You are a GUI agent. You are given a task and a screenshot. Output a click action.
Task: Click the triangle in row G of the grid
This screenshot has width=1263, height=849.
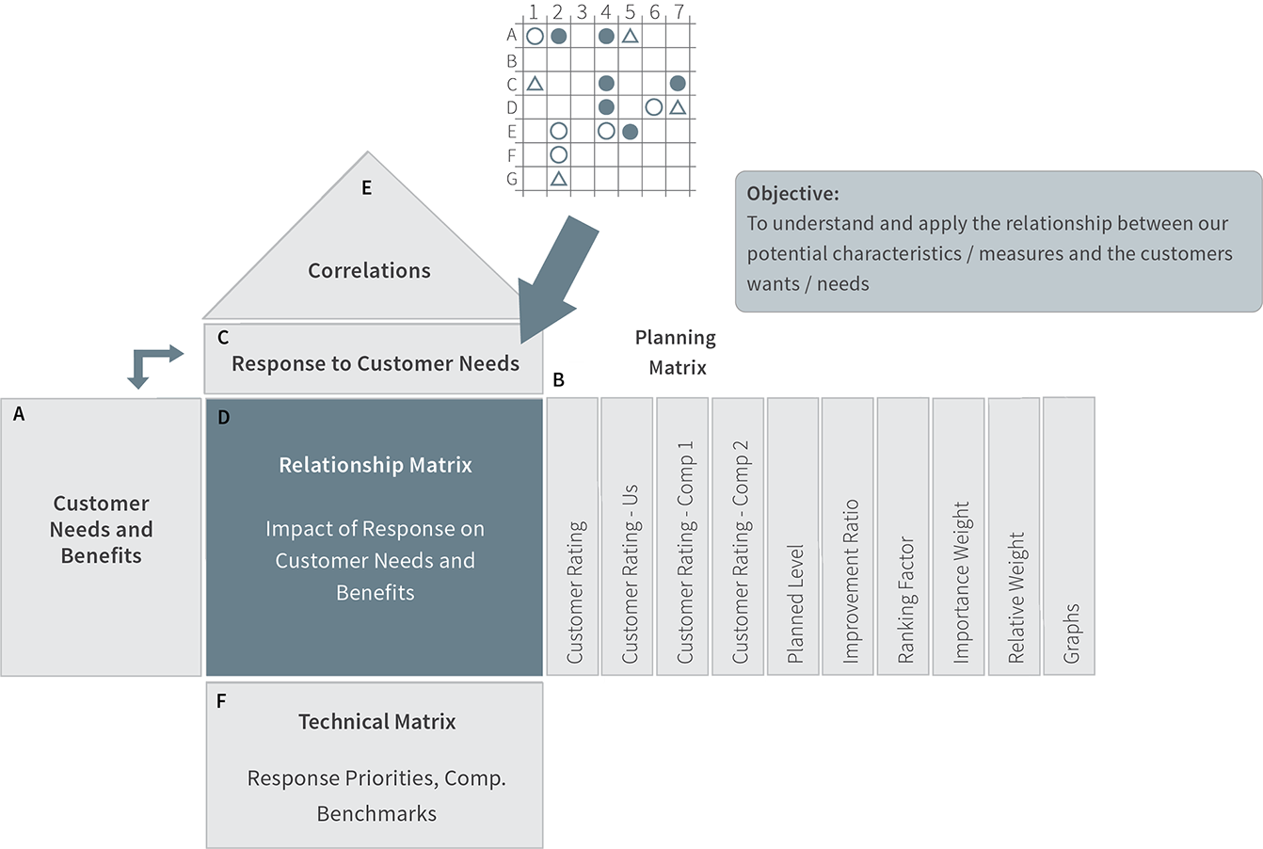pyautogui.click(x=559, y=178)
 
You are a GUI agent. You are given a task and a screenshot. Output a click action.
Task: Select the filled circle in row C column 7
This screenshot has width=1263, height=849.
pyautogui.click(x=678, y=83)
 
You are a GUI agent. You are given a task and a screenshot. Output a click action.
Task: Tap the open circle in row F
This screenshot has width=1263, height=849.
pyautogui.click(x=559, y=153)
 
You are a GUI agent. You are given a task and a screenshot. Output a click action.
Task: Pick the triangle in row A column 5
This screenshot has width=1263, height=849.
pyautogui.click(x=631, y=36)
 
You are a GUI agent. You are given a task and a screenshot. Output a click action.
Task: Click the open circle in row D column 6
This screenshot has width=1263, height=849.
pyautogui.click(x=654, y=106)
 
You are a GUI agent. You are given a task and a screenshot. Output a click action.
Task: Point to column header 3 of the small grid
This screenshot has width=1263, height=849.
pyautogui.click(x=582, y=12)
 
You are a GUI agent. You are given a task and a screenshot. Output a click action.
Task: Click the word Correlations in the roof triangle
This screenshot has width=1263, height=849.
pyautogui.click(x=369, y=270)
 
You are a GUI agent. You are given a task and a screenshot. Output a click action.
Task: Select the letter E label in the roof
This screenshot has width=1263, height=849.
pyautogui.click(x=367, y=187)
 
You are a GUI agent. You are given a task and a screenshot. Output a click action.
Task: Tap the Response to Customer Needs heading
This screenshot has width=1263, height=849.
pyautogui.click(x=376, y=363)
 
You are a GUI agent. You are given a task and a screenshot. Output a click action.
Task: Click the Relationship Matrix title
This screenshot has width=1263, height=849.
pyautogui.click(x=376, y=465)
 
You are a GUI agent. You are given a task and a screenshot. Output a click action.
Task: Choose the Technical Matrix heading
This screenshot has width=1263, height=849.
pyautogui.click(x=376, y=722)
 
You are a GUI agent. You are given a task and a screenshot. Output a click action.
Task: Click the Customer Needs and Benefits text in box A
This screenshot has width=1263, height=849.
pyautogui.click(x=101, y=529)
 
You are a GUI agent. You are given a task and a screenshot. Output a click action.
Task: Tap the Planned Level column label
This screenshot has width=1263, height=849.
pyautogui.click(x=795, y=602)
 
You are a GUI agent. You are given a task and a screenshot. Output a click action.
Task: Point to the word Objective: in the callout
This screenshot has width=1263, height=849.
pyautogui.click(x=792, y=194)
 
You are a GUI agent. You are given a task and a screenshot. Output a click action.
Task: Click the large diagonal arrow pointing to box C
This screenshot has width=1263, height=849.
pyautogui.click(x=559, y=279)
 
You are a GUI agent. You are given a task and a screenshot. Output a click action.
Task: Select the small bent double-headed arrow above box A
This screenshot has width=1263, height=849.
pyautogui.click(x=151, y=364)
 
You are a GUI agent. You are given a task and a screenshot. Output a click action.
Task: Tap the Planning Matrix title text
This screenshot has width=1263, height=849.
pyautogui.click(x=677, y=351)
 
